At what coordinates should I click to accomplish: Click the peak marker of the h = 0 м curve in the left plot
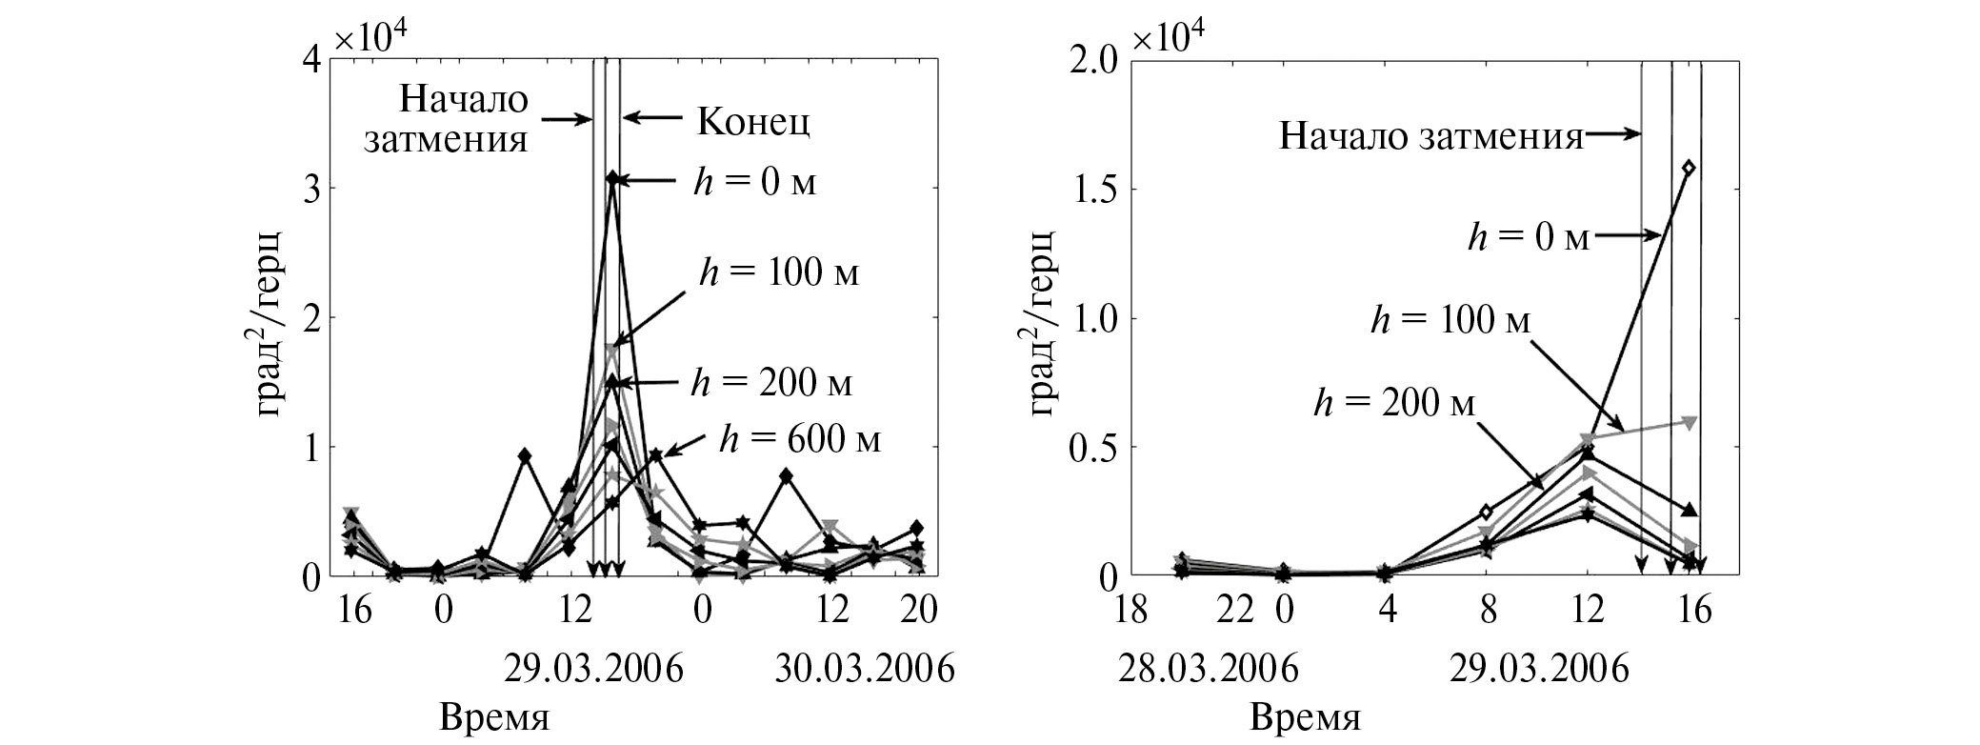(612, 179)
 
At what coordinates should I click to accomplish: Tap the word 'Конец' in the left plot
(753, 121)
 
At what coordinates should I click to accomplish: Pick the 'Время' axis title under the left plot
(494, 716)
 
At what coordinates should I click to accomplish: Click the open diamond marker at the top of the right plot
(1689, 168)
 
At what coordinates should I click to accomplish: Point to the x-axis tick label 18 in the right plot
(1131, 609)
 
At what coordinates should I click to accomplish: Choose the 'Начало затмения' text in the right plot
(1430, 136)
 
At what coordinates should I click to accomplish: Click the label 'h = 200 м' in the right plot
(1393, 404)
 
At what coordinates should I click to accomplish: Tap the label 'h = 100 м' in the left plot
(778, 273)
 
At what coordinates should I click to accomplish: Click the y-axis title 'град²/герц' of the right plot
(1045, 322)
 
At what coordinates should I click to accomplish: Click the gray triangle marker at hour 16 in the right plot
(1689, 421)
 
